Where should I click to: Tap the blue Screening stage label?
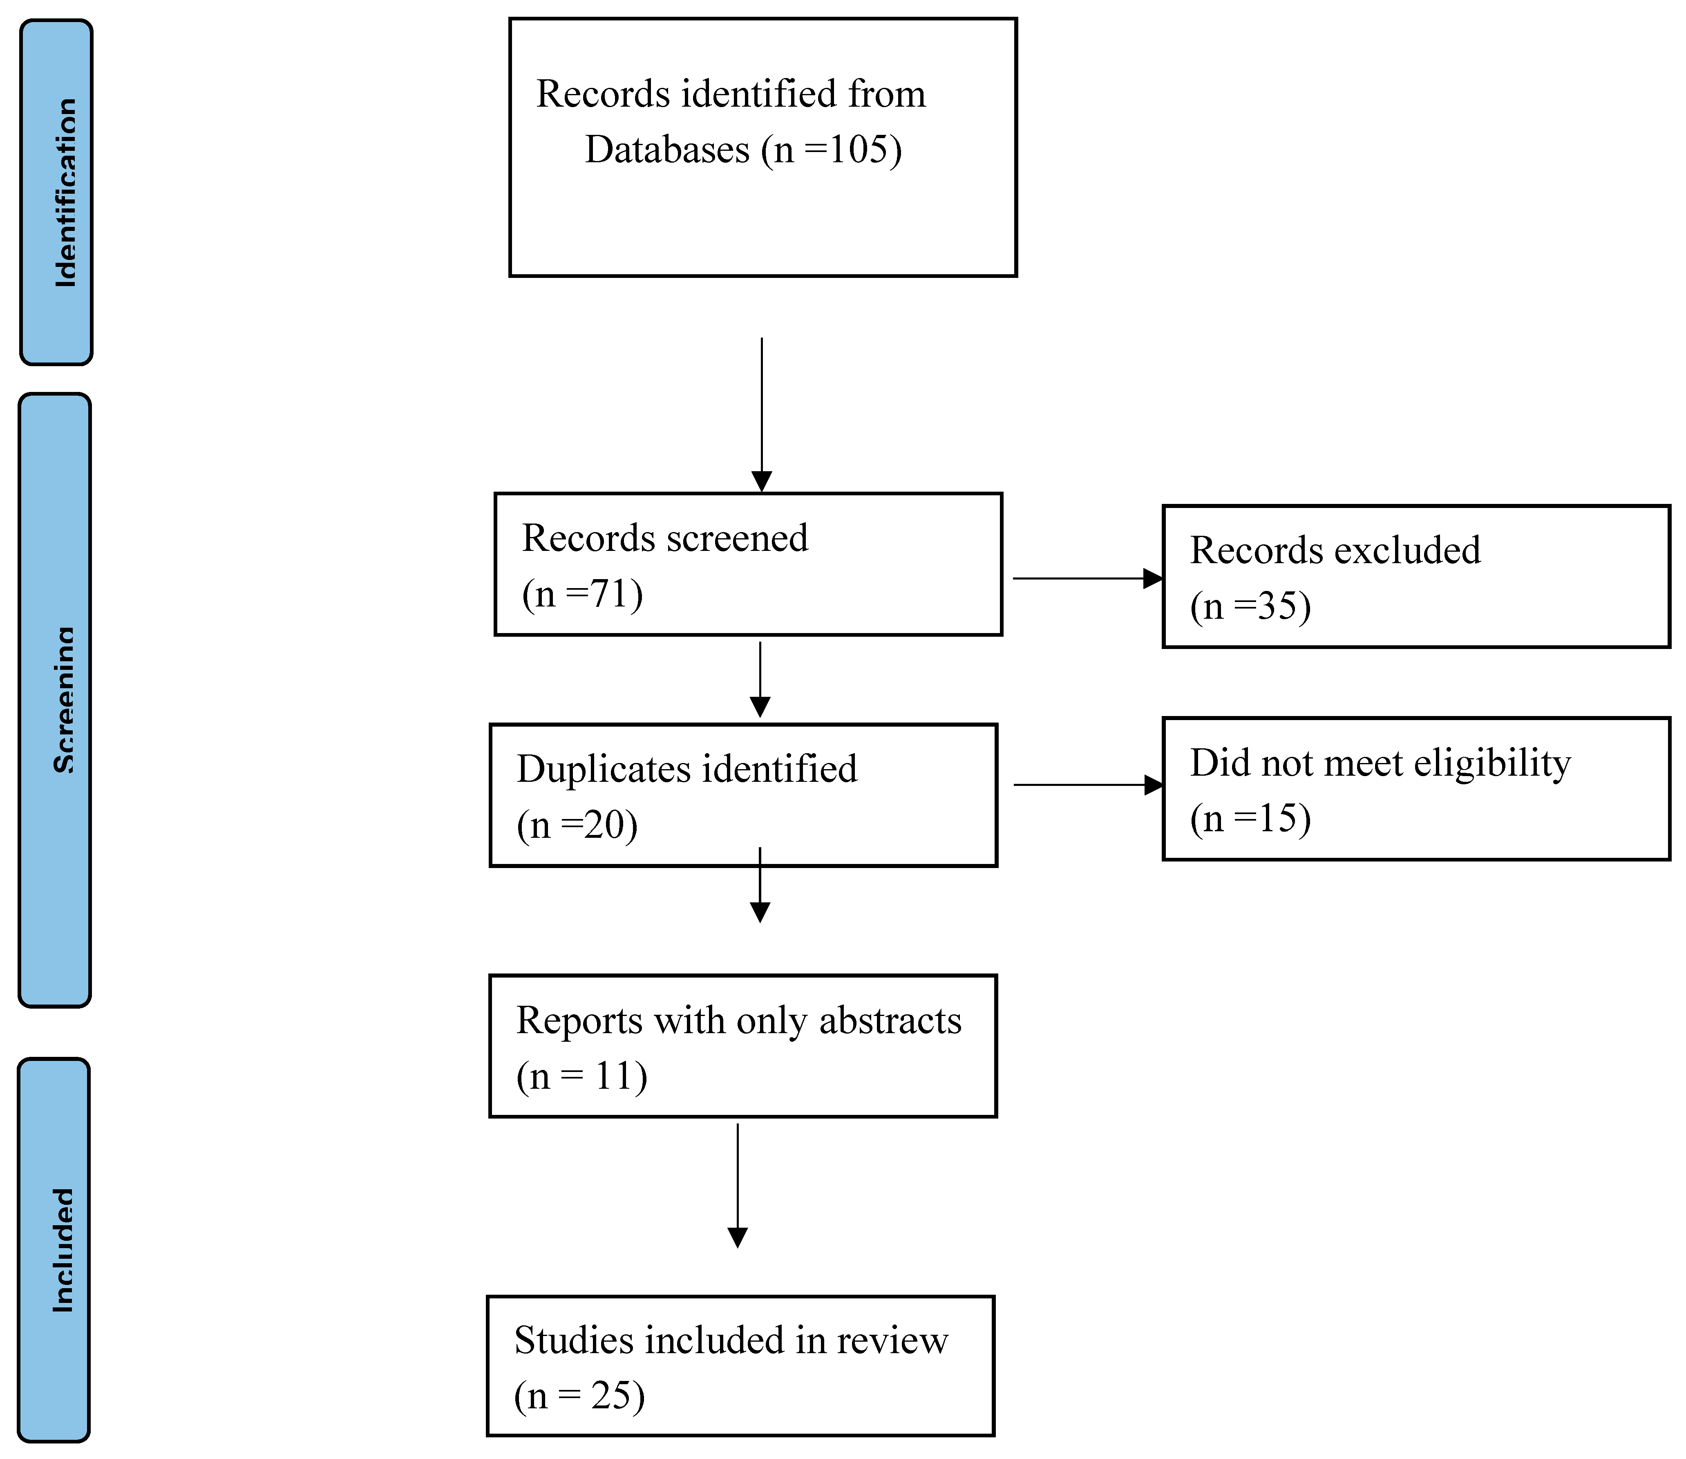click(54, 700)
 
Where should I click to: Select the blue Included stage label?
click(54, 1250)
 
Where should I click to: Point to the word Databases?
click(667, 150)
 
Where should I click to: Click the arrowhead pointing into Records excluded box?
click(1153, 579)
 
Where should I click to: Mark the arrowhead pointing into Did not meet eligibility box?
click(1154, 785)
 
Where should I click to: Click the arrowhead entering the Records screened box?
click(761, 481)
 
